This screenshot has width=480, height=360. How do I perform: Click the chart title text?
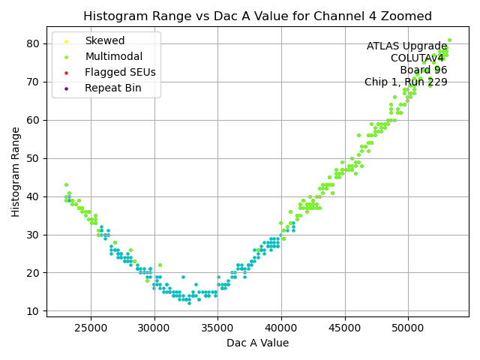pos(257,16)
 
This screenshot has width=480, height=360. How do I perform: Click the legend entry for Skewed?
pos(105,40)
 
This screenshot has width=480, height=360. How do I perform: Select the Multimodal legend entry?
pos(113,56)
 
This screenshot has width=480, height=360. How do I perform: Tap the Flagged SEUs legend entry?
pos(120,72)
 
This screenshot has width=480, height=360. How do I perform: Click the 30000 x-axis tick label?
pos(154,327)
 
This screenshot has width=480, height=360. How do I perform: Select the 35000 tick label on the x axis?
pos(218,327)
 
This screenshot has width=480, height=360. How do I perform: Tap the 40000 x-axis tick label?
pos(281,327)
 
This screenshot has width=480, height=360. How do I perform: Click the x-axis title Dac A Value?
pos(257,343)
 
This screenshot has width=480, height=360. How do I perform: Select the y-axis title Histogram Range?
pos(16,172)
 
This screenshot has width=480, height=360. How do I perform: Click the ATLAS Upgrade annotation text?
pos(407,46)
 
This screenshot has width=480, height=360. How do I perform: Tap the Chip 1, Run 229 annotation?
pos(406,82)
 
